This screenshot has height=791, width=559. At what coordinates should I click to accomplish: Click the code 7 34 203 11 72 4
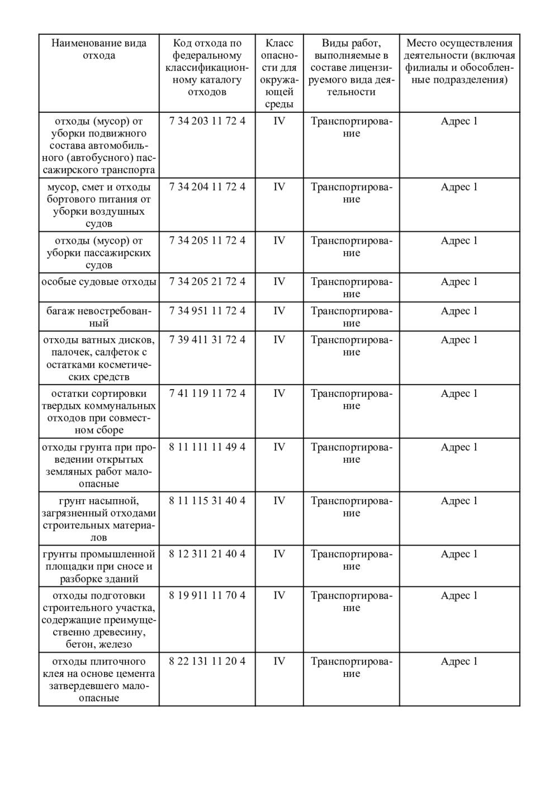pyautogui.click(x=207, y=121)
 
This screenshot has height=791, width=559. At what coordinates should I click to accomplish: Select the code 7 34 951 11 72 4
pyautogui.click(x=207, y=311)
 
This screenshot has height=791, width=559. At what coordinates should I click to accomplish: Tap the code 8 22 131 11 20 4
pyautogui.click(x=207, y=661)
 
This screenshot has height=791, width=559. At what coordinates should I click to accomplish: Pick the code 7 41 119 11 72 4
pyautogui.click(x=207, y=394)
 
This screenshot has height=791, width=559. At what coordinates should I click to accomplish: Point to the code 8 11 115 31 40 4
pyautogui.click(x=207, y=501)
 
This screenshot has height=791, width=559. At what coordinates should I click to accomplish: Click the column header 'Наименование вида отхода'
pyautogui.click(x=99, y=49)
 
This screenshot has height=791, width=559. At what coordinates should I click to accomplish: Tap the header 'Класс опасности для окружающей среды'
pyautogui.click(x=279, y=73)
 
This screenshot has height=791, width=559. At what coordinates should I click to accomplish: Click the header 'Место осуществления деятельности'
pyautogui.click(x=459, y=61)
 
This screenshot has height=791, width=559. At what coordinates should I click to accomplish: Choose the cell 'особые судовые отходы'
pyautogui.click(x=99, y=282)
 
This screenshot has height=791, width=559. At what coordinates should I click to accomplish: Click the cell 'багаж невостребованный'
pyautogui.click(x=99, y=317)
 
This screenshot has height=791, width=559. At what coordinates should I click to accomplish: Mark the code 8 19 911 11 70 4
pyautogui.click(x=207, y=595)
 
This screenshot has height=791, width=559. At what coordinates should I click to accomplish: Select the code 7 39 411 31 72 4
pyautogui.click(x=207, y=340)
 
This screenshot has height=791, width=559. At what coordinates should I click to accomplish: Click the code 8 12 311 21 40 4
pyautogui.click(x=207, y=554)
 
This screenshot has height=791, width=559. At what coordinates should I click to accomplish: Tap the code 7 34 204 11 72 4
pyautogui.click(x=207, y=187)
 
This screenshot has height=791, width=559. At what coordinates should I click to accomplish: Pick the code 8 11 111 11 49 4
pyautogui.click(x=207, y=447)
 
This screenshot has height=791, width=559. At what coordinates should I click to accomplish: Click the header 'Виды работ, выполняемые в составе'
pyautogui.click(x=351, y=67)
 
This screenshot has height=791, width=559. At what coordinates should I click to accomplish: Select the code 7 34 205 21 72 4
pyautogui.click(x=207, y=282)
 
